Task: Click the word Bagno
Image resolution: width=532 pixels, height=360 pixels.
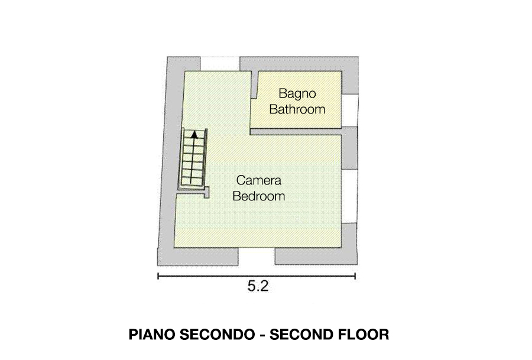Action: [297, 94]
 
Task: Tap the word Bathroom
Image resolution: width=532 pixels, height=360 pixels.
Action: [297, 109]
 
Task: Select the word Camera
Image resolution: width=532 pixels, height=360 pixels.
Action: [259, 180]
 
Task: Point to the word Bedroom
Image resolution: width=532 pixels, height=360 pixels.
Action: [259, 196]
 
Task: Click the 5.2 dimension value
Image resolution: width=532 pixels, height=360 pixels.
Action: [258, 286]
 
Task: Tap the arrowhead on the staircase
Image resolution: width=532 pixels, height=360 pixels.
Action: [194, 134]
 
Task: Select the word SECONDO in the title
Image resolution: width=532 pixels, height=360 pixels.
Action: [217, 335]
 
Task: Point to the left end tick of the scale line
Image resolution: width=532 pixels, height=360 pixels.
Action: [158, 276]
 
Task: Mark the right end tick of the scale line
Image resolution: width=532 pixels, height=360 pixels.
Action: [355, 276]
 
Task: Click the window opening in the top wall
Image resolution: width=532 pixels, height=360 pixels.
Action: [220, 64]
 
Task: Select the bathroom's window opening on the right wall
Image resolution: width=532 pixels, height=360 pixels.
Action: [349, 111]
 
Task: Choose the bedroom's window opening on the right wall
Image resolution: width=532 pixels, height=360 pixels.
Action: [349, 196]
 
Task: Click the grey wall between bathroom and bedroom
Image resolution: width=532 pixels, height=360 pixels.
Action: [296, 132]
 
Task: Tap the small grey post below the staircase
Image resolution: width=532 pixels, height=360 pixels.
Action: [206, 192]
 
